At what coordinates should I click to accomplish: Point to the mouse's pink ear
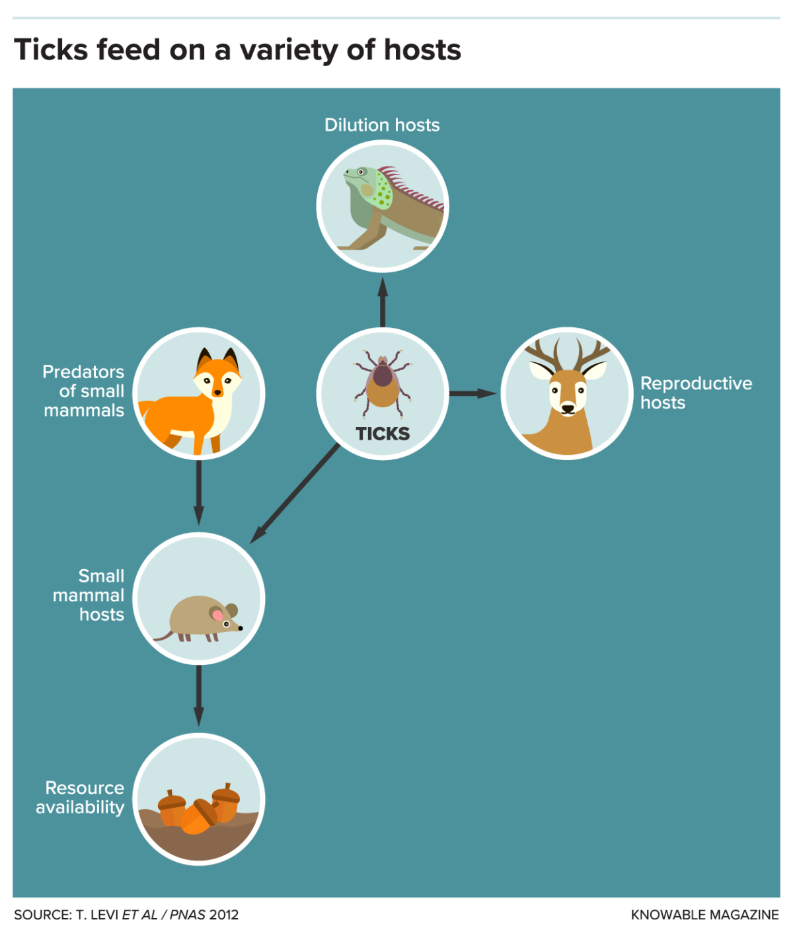point(217,615)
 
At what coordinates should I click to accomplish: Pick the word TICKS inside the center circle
point(383,434)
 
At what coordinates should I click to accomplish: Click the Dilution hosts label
point(382,125)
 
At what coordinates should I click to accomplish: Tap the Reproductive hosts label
point(695,393)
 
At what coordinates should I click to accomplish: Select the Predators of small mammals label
point(84,391)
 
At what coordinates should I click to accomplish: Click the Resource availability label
point(81,797)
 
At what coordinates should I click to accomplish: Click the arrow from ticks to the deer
point(473,393)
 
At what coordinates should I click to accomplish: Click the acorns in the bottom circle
point(198,810)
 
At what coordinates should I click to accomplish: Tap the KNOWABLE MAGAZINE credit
point(704,915)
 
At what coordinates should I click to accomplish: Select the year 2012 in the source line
point(224,915)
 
